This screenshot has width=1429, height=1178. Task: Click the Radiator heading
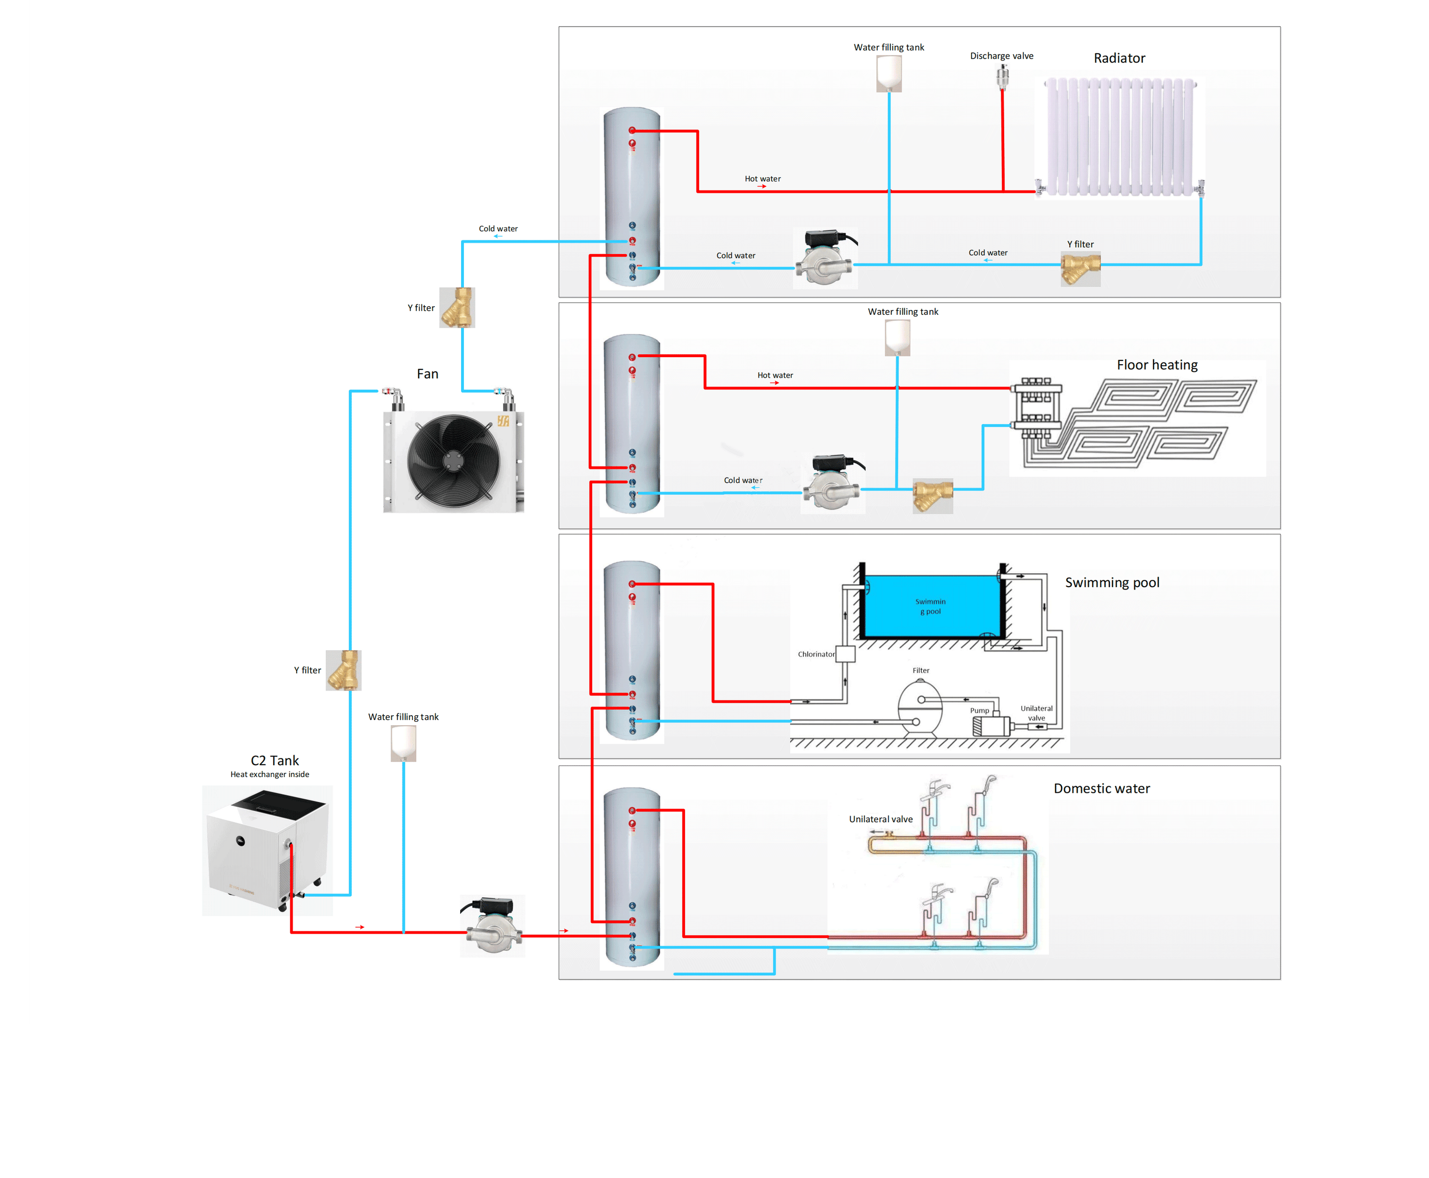pos(1119,59)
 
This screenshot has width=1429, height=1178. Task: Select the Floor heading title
pos(1157,365)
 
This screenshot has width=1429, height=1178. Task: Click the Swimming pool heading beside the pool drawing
pos(1112,582)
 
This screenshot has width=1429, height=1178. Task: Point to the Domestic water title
pos(1101,789)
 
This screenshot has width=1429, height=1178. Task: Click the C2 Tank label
pos(274,761)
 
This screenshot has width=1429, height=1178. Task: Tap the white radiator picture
pos(1120,136)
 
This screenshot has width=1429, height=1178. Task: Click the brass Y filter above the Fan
pos(457,308)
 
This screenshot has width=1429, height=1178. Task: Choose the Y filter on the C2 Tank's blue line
pos(343,670)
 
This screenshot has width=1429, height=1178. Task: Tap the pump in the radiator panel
pos(825,259)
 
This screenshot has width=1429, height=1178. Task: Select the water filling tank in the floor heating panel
pos(897,337)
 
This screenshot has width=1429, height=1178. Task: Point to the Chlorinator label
pos(816,654)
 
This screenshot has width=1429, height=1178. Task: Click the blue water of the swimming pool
pos(931,606)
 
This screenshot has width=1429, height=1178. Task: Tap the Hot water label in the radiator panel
pos(762,179)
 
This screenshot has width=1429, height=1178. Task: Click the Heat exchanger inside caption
pos(270,774)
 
